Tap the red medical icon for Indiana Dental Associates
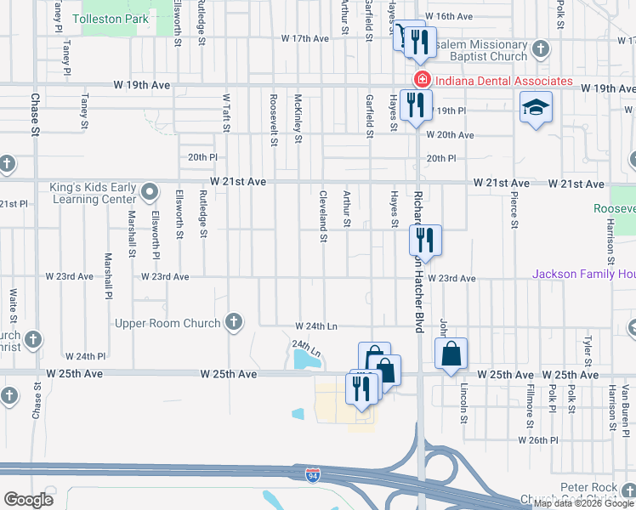point(419,81)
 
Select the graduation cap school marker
point(537,108)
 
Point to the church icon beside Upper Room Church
point(234,322)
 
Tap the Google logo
point(29,500)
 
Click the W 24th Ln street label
point(316,326)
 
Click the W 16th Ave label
point(449,16)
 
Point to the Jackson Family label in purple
point(583,274)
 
